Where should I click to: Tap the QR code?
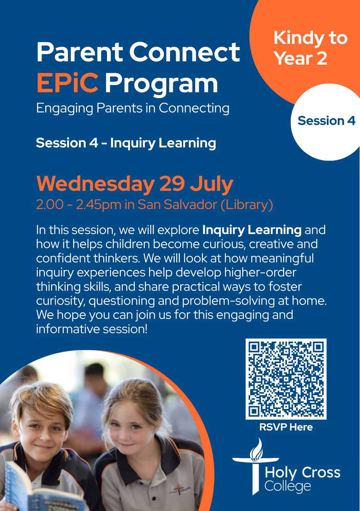coord(286,379)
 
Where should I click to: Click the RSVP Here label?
coord(286,427)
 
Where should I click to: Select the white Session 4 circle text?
coord(326,120)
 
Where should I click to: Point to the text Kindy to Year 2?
coord(310,48)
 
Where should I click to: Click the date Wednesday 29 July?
coord(135,184)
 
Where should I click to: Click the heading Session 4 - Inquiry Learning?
coord(126,143)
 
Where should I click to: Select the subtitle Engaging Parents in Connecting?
coord(133,108)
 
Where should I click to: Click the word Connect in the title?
coord(184,52)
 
